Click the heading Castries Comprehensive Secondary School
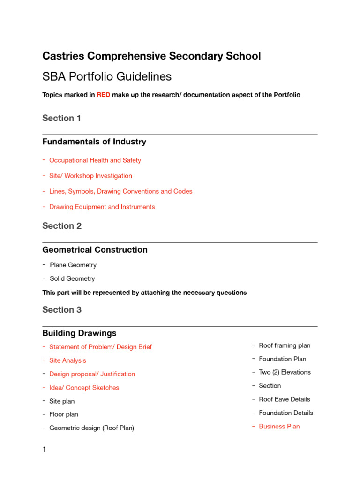tap(151, 56)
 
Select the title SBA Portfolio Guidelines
tap(107, 76)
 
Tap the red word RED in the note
tap(103, 95)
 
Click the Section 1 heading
tap(61, 118)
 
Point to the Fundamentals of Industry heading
tap(94, 142)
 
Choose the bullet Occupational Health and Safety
tap(95, 160)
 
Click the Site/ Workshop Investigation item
tap(90, 176)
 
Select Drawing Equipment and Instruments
tap(102, 207)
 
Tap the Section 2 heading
tap(62, 225)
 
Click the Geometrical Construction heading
tap(95, 250)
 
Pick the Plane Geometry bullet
tap(73, 265)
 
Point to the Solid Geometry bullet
tap(72, 278)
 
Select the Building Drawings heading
tap(79, 333)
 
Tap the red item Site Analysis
tap(67, 360)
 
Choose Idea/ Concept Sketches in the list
tap(84, 388)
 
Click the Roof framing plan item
tap(285, 345)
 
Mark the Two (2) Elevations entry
tap(285, 372)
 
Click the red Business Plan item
tap(279, 427)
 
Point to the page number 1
tap(44, 450)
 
